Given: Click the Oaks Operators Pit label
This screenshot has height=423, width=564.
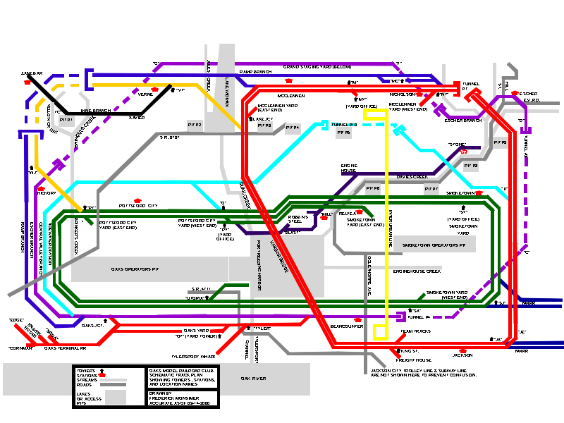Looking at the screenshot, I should click(x=135, y=269).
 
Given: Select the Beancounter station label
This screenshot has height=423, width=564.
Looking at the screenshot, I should click(x=346, y=326).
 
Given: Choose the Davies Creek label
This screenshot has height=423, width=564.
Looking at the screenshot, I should click(x=412, y=176).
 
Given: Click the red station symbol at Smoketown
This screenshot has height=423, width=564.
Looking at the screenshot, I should click(x=479, y=192).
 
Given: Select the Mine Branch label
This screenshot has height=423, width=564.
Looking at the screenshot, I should click(x=95, y=111).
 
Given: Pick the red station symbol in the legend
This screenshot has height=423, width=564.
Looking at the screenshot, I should click(x=102, y=376).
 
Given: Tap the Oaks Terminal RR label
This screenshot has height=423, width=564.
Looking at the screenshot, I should click(x=64, y=348).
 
